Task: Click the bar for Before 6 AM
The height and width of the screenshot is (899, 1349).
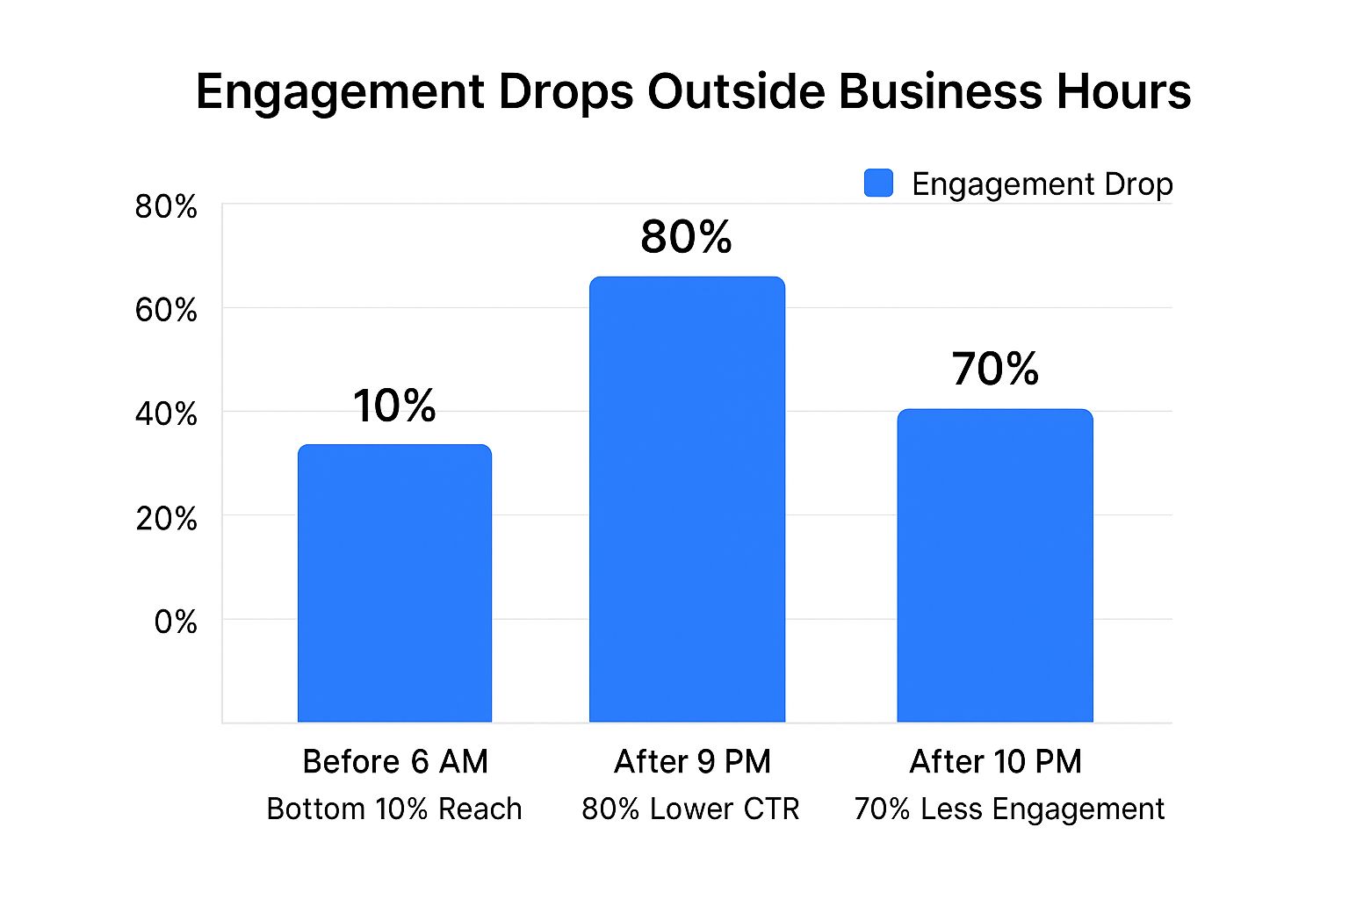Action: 394,583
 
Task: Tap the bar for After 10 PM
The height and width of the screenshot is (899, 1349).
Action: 995,565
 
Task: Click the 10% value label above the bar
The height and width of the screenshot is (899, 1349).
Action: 394,406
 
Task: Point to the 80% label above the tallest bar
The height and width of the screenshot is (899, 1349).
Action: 686,237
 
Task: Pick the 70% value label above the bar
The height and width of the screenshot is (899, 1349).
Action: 995,369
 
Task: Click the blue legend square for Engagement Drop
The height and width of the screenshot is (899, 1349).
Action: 878,183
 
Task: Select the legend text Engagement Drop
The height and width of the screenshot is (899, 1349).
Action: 1042,184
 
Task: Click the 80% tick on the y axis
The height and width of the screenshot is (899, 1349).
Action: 166,207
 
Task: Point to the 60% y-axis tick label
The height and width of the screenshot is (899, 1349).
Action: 166,311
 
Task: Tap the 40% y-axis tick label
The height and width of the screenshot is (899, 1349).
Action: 166,414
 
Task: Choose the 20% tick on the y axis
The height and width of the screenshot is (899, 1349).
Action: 166,518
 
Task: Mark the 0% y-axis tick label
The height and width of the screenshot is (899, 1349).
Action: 175,622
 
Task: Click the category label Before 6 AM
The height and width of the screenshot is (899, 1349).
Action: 395,761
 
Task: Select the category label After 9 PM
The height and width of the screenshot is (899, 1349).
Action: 692,761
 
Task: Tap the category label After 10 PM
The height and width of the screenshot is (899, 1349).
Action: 995,761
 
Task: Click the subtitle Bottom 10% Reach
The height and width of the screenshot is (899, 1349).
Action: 394,809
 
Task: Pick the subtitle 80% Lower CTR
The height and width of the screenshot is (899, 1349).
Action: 690,809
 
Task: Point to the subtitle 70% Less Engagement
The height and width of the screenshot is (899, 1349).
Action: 1009,809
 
